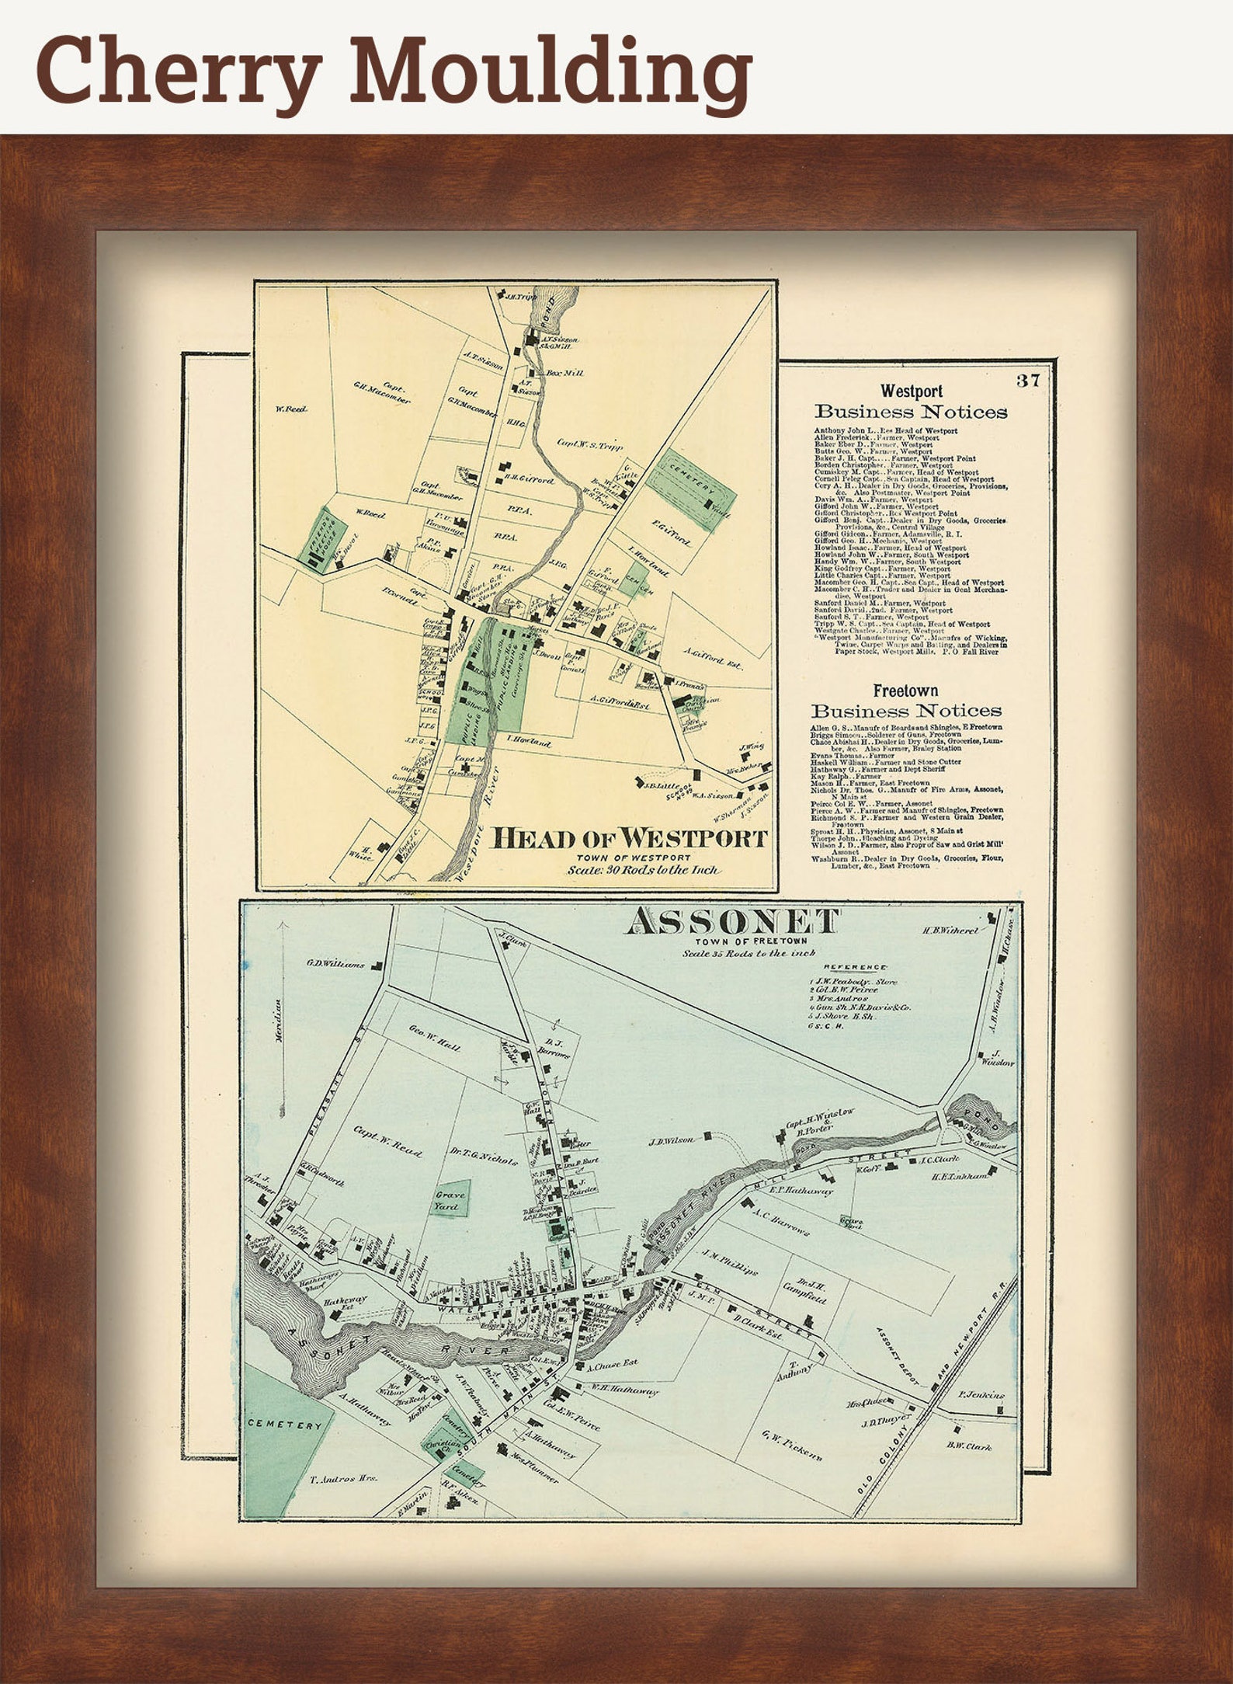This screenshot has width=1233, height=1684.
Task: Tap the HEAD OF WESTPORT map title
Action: coord(630,838)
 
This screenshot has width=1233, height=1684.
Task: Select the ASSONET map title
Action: coord(733,922)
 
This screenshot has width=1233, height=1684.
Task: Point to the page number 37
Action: coord(1026,380)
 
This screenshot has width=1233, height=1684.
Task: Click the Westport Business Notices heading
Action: coord(911,402)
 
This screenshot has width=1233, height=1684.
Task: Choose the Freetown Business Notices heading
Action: coord(906,701)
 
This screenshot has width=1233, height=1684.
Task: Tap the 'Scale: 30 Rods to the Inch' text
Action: coord(642,870)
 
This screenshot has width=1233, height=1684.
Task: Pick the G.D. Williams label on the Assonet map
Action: coord(335,965)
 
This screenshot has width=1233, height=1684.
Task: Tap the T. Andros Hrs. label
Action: coord(344,1479)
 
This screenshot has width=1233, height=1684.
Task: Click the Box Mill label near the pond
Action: coord(564,373)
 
